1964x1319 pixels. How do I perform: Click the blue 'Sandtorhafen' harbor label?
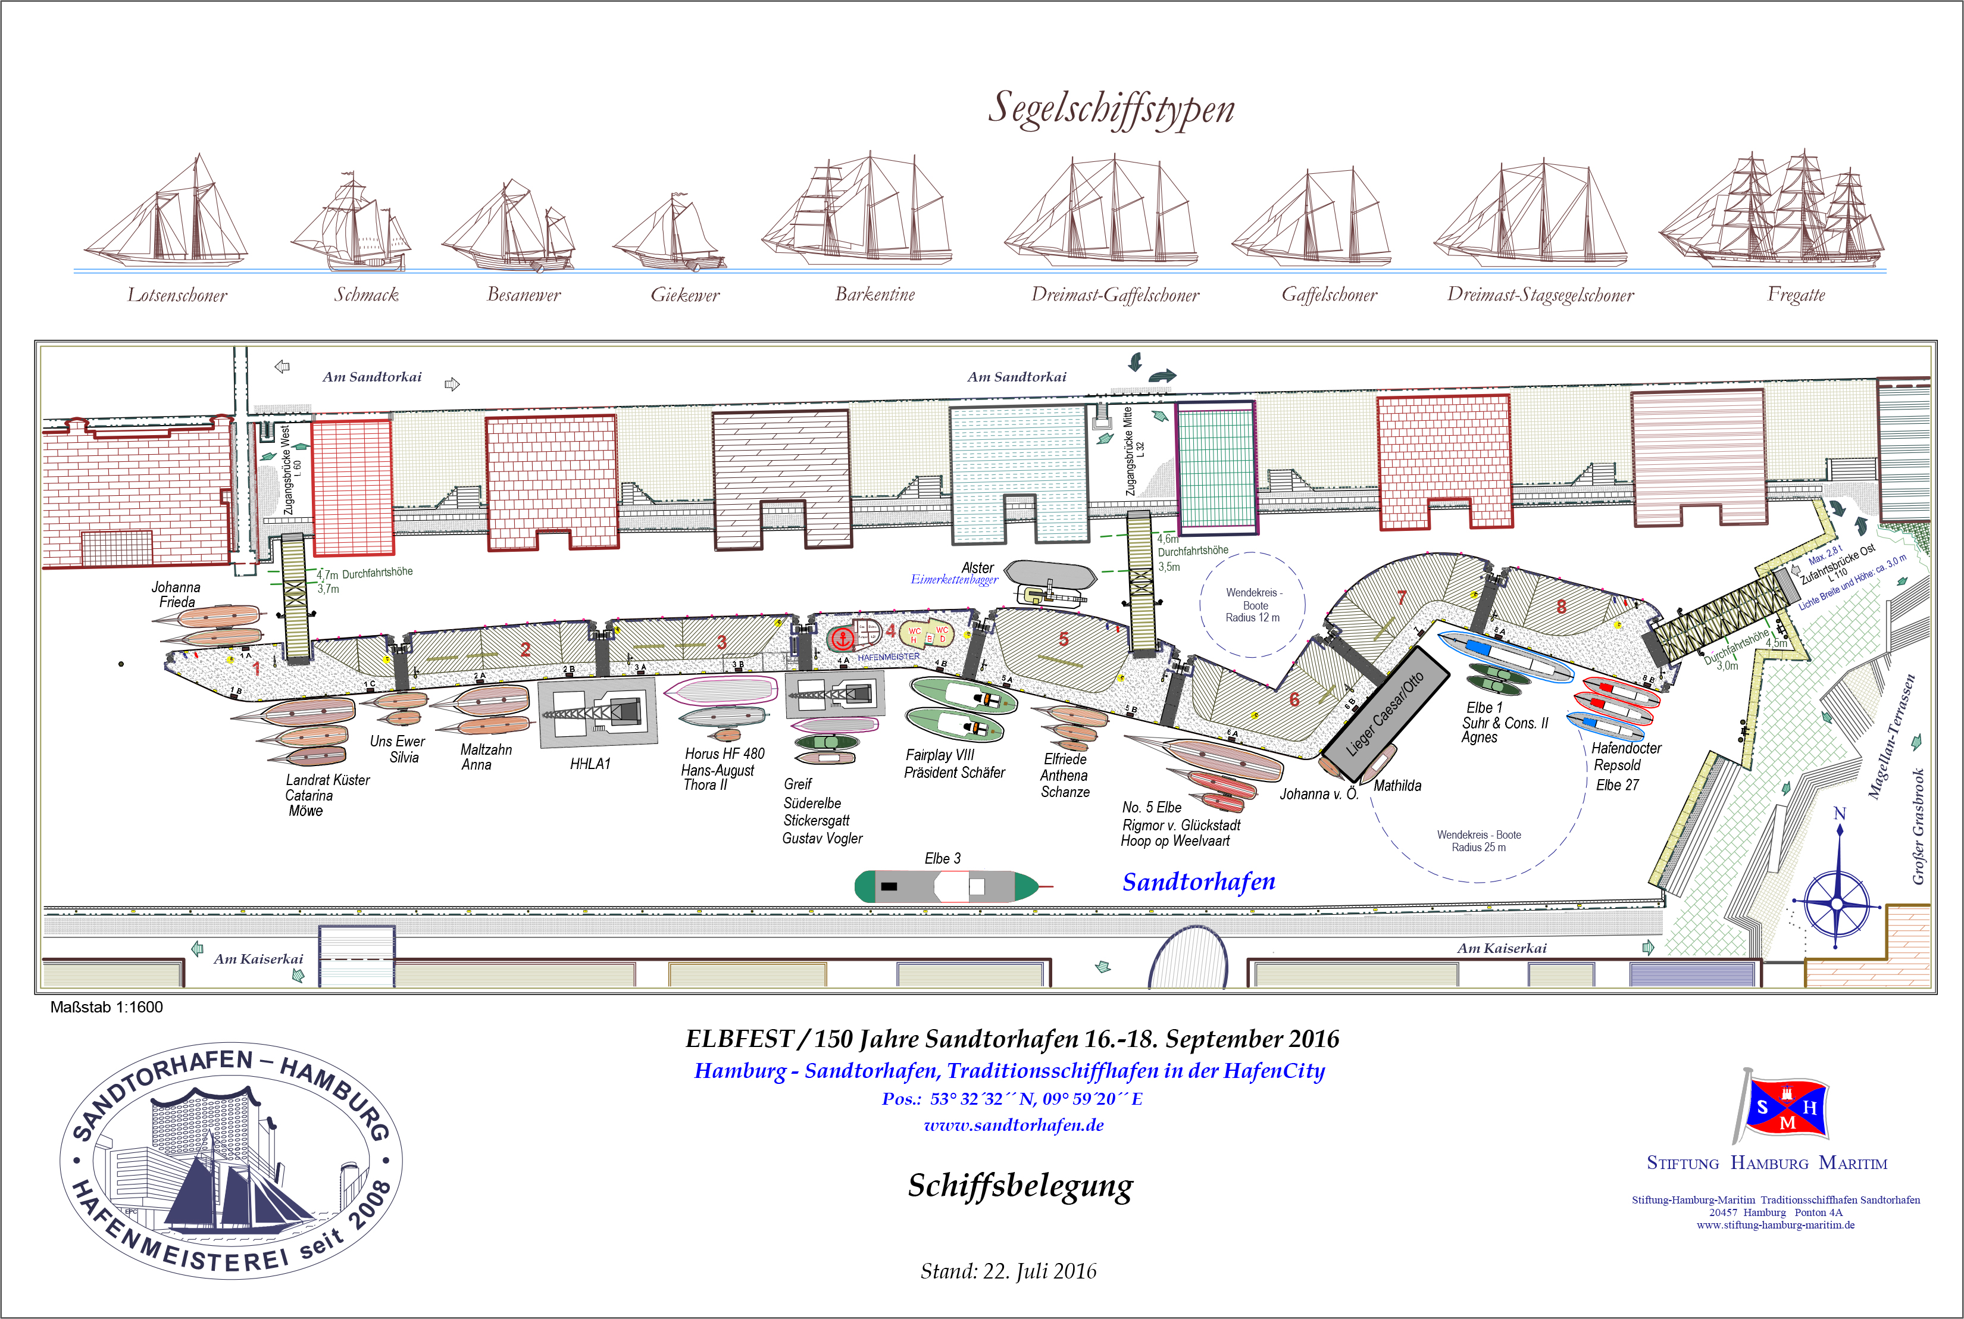pos(1199,882)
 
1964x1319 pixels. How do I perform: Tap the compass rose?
pos(1838,904)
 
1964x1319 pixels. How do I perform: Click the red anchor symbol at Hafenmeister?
pos(842,639)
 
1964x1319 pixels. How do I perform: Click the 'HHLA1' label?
pos(590,764)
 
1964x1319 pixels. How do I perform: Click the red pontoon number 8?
pos(1561,607)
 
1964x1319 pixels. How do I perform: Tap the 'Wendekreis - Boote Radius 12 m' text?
pos(1252,605)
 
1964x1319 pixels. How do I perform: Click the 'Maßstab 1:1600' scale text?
pos(107,1007)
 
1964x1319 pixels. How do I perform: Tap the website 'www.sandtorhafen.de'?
pos(1014,1126)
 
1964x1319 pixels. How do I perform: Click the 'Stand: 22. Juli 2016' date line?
pos(1009,1270)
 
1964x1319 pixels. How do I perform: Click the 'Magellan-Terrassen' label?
pos(1891,736)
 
